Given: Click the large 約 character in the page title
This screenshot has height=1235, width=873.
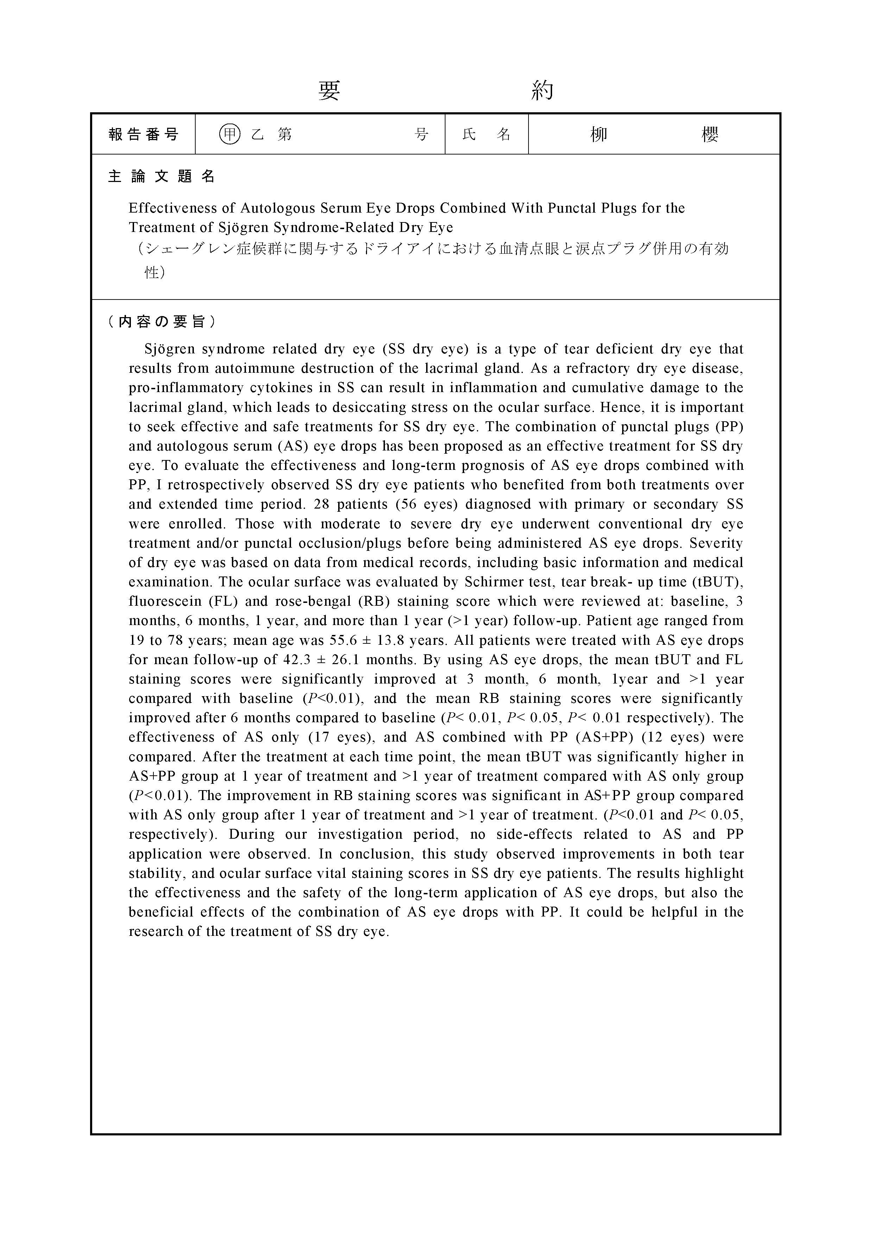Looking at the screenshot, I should point(542,90).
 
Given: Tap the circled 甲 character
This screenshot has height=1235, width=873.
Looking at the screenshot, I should point(230,134).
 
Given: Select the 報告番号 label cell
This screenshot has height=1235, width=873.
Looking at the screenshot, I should point(143,134).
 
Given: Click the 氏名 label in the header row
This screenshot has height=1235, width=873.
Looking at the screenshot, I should point(486,134).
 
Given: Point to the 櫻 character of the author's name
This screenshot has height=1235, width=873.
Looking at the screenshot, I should point(709,134).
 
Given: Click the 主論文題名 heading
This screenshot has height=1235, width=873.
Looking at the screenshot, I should point(162,176).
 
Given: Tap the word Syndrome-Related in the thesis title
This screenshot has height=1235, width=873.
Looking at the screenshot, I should point(336,227).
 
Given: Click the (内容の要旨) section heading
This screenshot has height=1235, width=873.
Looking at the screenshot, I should point(162,322).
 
